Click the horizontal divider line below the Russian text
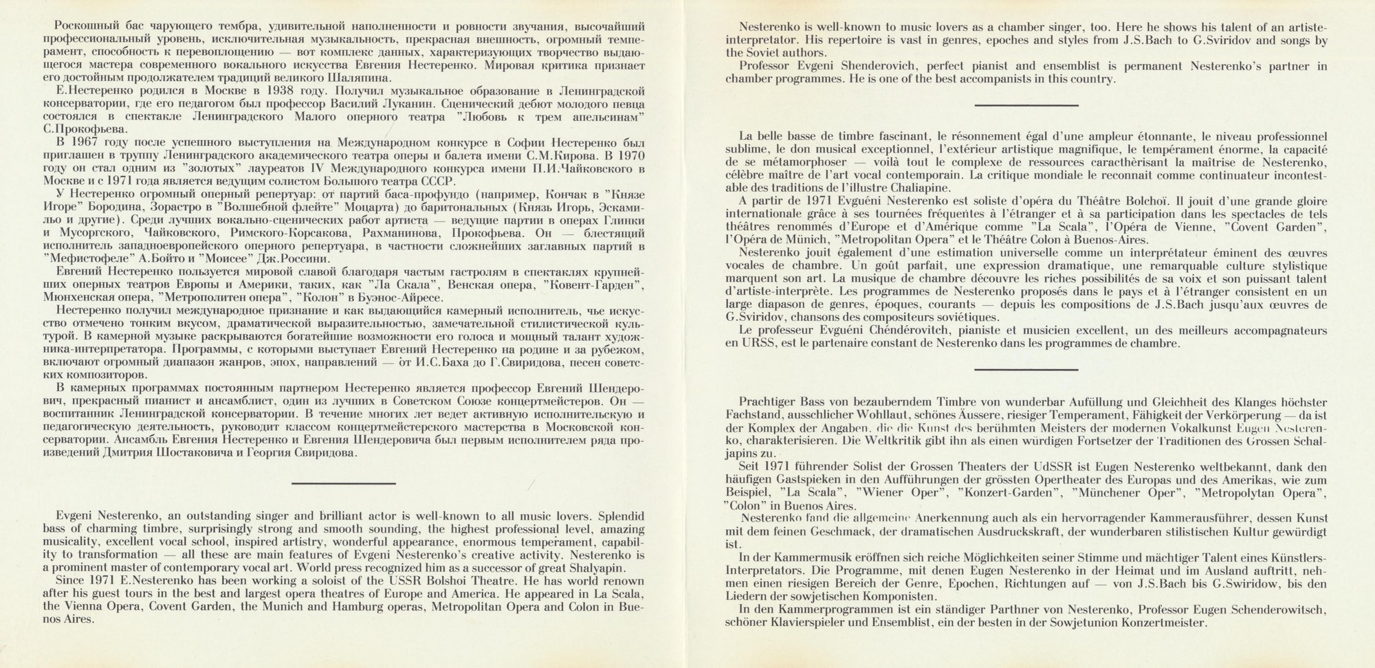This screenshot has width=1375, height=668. click(x=343, y=483)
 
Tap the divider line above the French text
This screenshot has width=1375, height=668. click(x=1026, y=105)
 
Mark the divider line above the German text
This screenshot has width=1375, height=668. click(x=1026, y=370)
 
